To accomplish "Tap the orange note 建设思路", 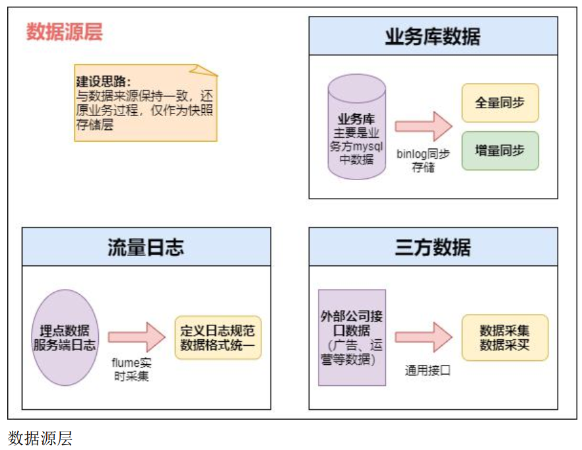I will (x=145, y=103).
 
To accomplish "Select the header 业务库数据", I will (x=433, y=36).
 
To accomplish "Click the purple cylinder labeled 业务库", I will (x=357, y=127).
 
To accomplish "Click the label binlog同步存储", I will (x=424, y=160).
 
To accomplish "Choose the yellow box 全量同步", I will (x=500, y=103).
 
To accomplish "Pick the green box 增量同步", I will (x=500, y=150).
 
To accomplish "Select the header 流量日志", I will (x=146, y=247).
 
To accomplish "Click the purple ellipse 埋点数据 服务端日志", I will (x=65, y=337).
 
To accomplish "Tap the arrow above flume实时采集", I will (x=136, y=337).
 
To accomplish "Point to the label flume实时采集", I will (x=136, y=370).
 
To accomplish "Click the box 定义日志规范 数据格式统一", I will (x=218, y=337).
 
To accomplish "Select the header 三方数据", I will (x=433, y=247).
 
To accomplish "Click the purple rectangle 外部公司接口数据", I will (x=351, y=337).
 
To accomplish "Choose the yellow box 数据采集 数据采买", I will (x=504, y=337).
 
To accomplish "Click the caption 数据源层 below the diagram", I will (x=40, y=438).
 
